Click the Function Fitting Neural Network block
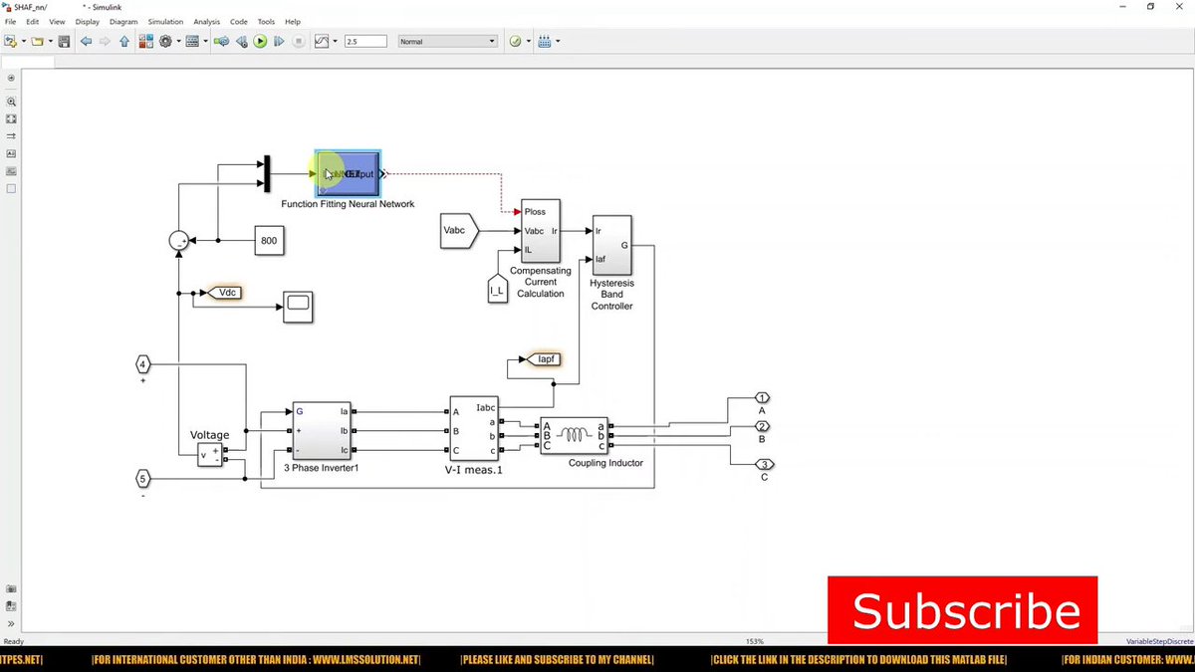pos(348,173)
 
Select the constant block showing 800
pos(269,241)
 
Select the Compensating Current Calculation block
pos(541,231)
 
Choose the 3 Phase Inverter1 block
pos(321,430)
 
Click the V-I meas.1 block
pos(474,429)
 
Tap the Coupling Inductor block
pos(574,435)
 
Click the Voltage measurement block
pos(210,455)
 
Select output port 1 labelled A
pos(762,398)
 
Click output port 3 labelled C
pos(764,465)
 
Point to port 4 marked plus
pos(142,364)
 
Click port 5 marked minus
pos(142,479)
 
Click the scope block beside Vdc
pos(298,307)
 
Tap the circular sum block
pos(178,241)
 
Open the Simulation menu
pos(165,21)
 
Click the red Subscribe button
pos(962,609)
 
